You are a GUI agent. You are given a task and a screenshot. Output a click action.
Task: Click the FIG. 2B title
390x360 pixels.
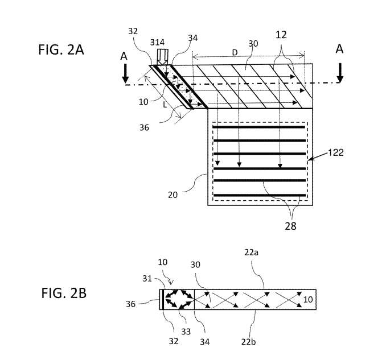click(x=63, y=295)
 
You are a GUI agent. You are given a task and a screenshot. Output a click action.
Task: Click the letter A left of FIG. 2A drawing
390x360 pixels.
click(x=124, y=57)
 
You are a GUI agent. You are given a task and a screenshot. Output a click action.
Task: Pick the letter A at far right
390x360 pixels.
click(x=339, y=49)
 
